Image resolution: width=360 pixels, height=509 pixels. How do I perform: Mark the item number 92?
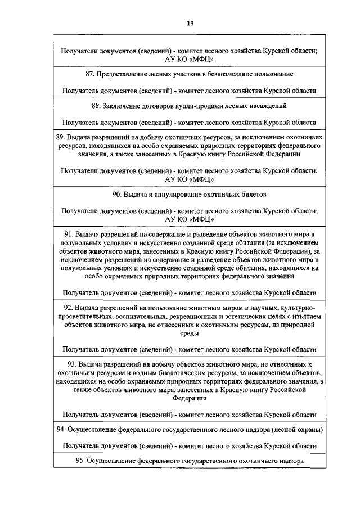[x=69, y=308]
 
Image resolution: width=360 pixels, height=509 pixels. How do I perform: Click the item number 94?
[x=61, y=430]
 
